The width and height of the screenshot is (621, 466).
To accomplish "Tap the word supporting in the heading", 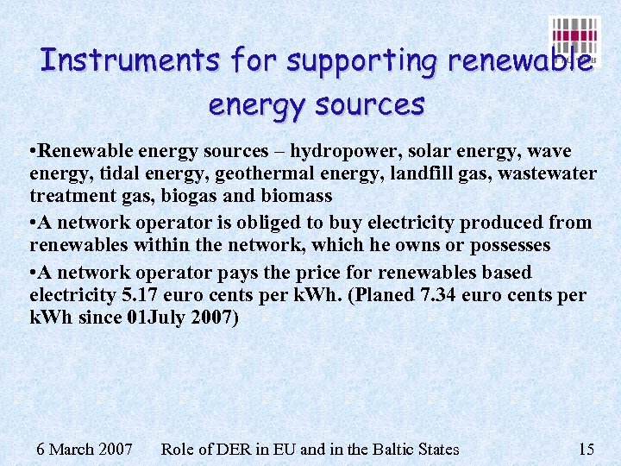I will pos(363,62).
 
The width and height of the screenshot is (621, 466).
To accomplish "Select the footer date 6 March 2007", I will pos(85,449).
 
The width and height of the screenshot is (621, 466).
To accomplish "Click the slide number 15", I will pos(586,449).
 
